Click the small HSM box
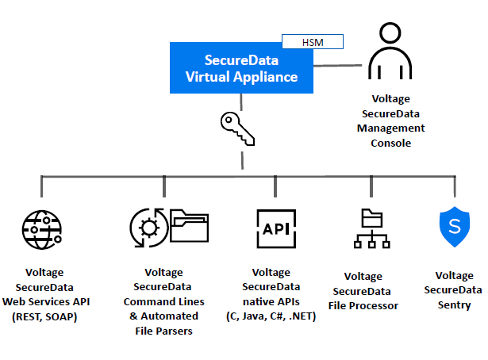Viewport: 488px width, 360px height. (x=313, y=41)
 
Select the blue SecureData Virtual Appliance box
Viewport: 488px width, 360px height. (x=240, y=68)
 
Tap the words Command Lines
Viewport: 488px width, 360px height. (x=164, y=301)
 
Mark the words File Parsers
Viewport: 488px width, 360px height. (x=164, y=331)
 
